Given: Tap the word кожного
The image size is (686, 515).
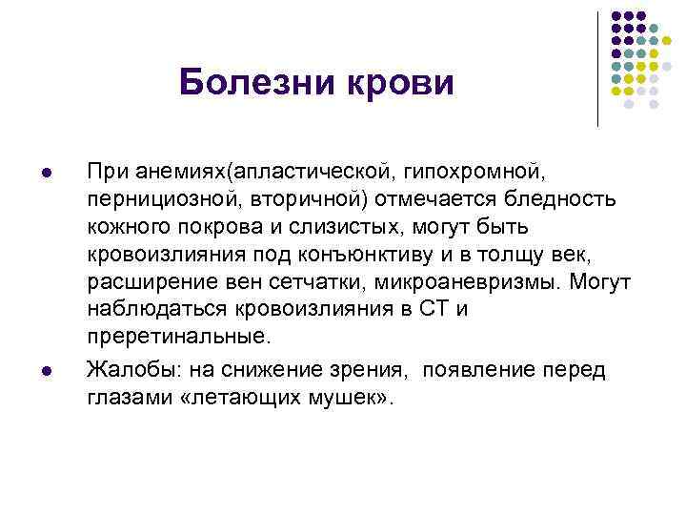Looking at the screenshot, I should (x=124, y=228).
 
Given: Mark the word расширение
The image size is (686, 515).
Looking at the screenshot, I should (x=139, y=283).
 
